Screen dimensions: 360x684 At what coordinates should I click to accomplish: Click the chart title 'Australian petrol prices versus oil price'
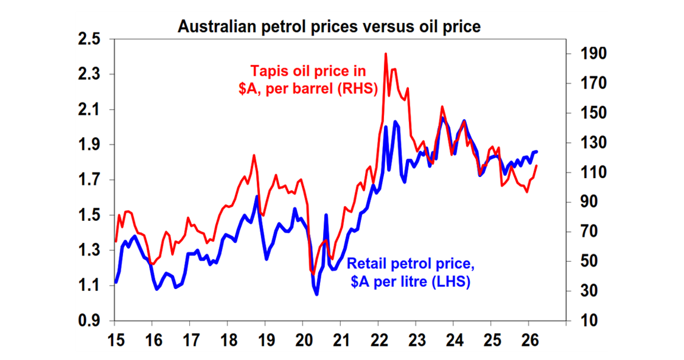point(330,27)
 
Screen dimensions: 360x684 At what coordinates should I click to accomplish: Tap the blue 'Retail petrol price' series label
point(409,272)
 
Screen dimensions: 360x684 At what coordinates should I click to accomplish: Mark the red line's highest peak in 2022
point(386,54)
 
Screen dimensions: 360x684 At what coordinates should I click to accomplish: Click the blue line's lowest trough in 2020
point(317,294)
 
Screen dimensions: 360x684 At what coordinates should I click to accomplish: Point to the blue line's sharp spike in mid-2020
point(326,215)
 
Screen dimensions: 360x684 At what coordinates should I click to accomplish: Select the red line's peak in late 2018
point(254,156)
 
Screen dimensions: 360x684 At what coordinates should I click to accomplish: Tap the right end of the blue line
point(536,152)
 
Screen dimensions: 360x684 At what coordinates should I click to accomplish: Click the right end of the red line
point(536,166)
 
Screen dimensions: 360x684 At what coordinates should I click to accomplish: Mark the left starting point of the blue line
point(115,282)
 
